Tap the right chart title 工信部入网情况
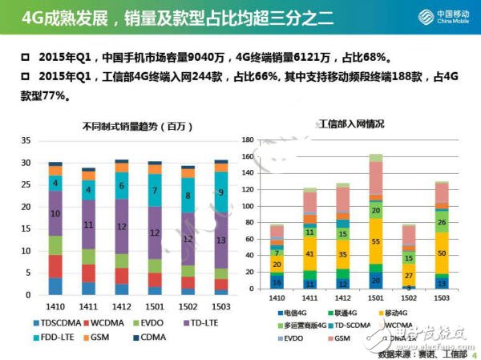pyautogui.click(x=351, y=124)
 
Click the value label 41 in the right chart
pyautogui.click(x=309, y=253)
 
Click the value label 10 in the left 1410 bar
pyautogui.click(x=55, y=213)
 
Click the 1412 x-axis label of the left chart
pyautogui.click(x=121, y=306)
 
